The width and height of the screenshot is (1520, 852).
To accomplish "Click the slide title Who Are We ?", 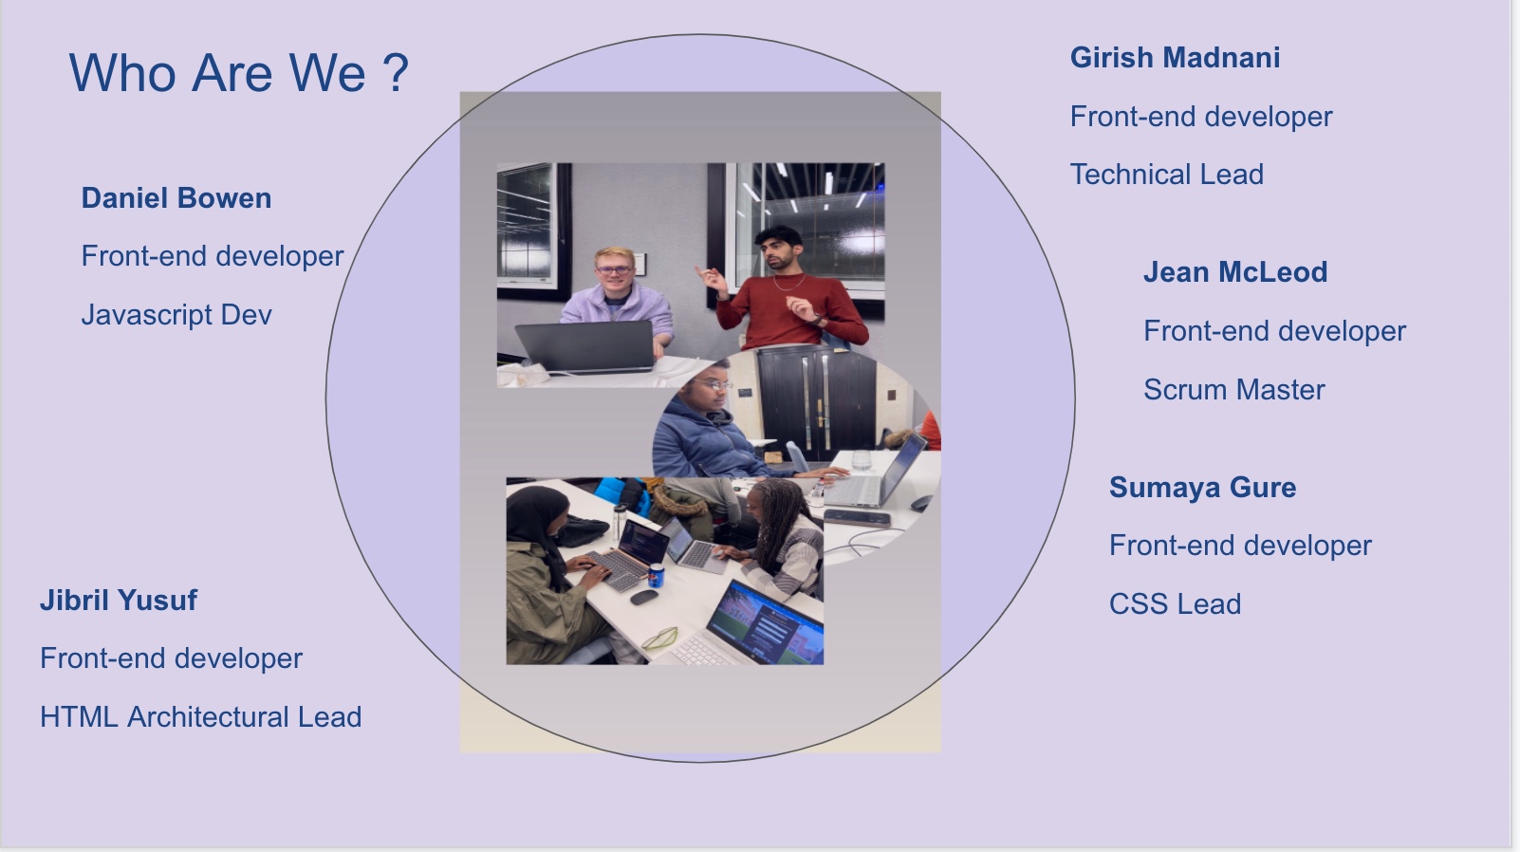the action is pos(239,73).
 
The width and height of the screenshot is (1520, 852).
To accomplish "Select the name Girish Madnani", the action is pos(1175,58).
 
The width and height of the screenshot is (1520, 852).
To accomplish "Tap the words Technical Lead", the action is pos(1166,175).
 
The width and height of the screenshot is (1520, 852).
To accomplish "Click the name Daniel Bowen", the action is pos(176,198).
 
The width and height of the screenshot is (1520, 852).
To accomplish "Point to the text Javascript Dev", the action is pos(176,315).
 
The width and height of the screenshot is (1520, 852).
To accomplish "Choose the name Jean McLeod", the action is pos(1235,272).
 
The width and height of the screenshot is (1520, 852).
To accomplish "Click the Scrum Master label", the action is pos(1233,389).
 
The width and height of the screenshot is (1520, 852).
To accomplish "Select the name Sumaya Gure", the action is pos(1202,487).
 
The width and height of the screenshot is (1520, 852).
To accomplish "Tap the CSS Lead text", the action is pos(1175,603).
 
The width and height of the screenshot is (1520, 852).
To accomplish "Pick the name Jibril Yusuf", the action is pos(118,601).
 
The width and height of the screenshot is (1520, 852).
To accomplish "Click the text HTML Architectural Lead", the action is pos(201,717).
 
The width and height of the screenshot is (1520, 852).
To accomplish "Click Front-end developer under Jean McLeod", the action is pos(1274,331).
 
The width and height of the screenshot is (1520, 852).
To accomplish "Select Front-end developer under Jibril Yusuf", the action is pos(171,658).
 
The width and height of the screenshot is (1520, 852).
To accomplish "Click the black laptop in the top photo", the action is pos(584,346).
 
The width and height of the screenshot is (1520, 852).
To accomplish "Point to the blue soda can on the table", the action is pos(656,576).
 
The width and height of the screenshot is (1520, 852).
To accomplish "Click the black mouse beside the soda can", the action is pos(644,598).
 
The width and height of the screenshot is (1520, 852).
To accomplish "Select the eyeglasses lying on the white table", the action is pos(659,638).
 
